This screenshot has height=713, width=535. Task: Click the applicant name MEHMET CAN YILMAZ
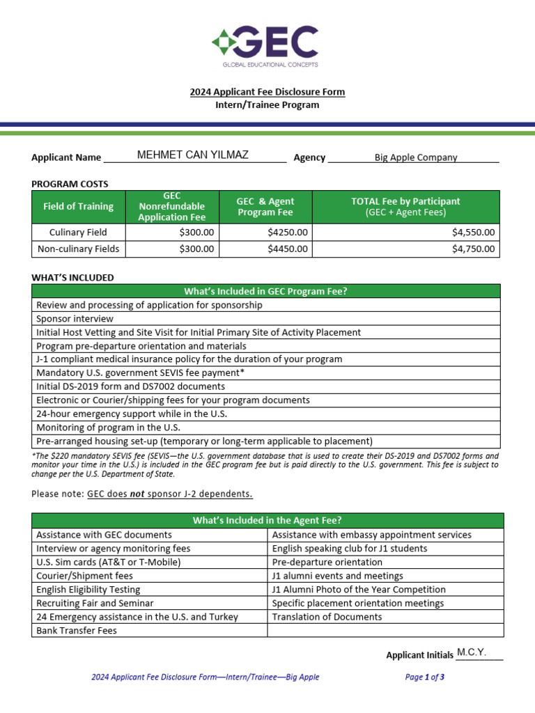192,155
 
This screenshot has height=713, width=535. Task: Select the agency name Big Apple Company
416,157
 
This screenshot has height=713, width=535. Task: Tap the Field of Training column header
78,206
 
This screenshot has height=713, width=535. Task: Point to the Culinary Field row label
78,233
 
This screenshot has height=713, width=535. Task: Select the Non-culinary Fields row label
78,249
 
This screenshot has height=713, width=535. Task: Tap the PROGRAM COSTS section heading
70,184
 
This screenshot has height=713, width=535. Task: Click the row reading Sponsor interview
75,318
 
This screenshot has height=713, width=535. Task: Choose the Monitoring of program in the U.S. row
108,428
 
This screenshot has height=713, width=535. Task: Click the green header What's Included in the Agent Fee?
267,520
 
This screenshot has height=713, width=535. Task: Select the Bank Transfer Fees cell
77,630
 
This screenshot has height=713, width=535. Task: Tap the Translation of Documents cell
327,617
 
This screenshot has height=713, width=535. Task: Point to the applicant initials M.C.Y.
472,653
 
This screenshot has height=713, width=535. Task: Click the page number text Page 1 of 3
424,677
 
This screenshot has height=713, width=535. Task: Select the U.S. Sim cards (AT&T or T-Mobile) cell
109,562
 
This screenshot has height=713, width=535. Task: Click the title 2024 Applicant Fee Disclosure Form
267,92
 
